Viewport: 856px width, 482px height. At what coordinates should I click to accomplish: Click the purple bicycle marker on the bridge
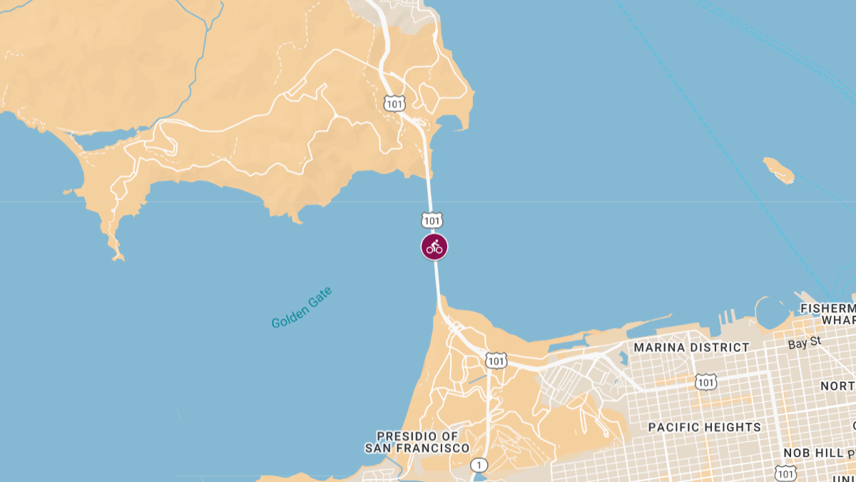pos(434,247)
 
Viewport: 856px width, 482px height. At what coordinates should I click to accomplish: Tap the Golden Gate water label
pos(302,308)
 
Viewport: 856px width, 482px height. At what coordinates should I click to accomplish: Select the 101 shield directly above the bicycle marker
pos(432,219)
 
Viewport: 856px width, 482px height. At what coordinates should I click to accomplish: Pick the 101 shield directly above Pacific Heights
pos(706,382)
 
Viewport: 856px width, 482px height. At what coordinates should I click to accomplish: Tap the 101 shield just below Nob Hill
pos(785,473)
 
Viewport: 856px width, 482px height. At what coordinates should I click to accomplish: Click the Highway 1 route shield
pos(479,466)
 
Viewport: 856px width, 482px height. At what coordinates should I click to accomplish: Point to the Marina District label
pos(691,348)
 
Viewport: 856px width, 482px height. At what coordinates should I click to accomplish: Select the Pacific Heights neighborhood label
pos(704,427)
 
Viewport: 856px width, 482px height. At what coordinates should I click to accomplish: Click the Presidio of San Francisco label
pos(417,443)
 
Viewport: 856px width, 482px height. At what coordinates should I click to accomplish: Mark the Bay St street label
pos(805,343)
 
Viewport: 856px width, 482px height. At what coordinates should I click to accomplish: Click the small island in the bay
pos(778,170)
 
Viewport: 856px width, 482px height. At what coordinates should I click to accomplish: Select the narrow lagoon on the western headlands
pos(107,140)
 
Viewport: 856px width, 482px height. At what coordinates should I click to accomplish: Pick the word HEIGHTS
pos(733,427)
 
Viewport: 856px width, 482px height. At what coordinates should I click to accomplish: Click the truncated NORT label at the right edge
pos(837,386)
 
